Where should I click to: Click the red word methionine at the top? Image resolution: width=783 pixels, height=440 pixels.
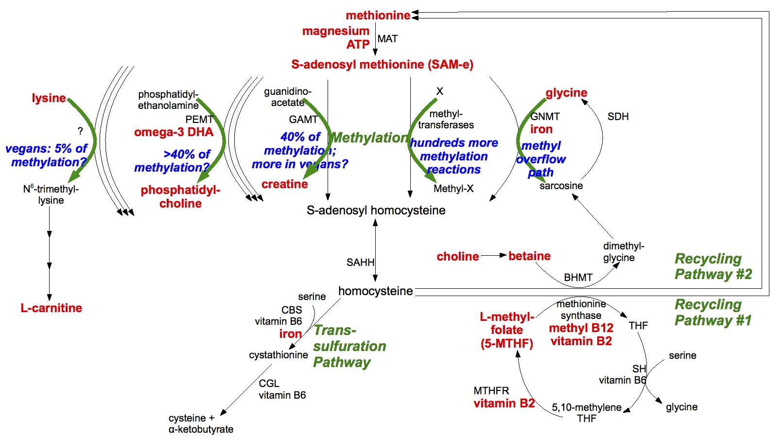[x=378, y=16]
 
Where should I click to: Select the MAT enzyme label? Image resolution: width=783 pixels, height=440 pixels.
[x=387, y=39]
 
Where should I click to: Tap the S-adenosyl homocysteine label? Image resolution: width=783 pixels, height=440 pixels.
[x=376, y=211]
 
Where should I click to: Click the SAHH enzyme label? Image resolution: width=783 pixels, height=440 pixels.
[x=360, y=263]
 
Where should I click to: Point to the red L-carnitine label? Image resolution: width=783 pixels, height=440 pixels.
[x=51, y=308]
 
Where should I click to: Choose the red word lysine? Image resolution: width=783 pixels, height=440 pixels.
[x=49, y=98]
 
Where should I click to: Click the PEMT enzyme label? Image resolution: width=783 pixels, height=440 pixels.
[x=199, y=120]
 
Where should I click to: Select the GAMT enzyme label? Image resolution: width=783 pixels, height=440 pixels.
[x=303, y=120]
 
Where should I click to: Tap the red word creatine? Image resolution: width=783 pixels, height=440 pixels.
[x=284, y=184]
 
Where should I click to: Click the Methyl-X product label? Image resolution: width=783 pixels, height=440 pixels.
[x=453, y=189]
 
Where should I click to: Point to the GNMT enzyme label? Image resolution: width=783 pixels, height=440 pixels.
[x=545, y=117]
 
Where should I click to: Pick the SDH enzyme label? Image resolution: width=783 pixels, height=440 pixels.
[x=618, y=117]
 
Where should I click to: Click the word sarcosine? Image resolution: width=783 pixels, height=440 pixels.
[x=561, y=186]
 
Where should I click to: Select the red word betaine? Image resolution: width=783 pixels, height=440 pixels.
[x=529, y=256]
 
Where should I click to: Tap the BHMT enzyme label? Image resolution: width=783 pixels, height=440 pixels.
[x=578, y=278]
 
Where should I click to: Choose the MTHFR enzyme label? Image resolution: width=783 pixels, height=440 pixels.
[x=491, y=391]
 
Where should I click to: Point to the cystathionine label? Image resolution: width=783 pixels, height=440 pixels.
[x=278, y=355]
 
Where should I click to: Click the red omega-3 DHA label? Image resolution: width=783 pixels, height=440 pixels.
[x=174, y=132]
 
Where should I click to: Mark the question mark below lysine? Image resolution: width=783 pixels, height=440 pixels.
[x=80, y=131]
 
